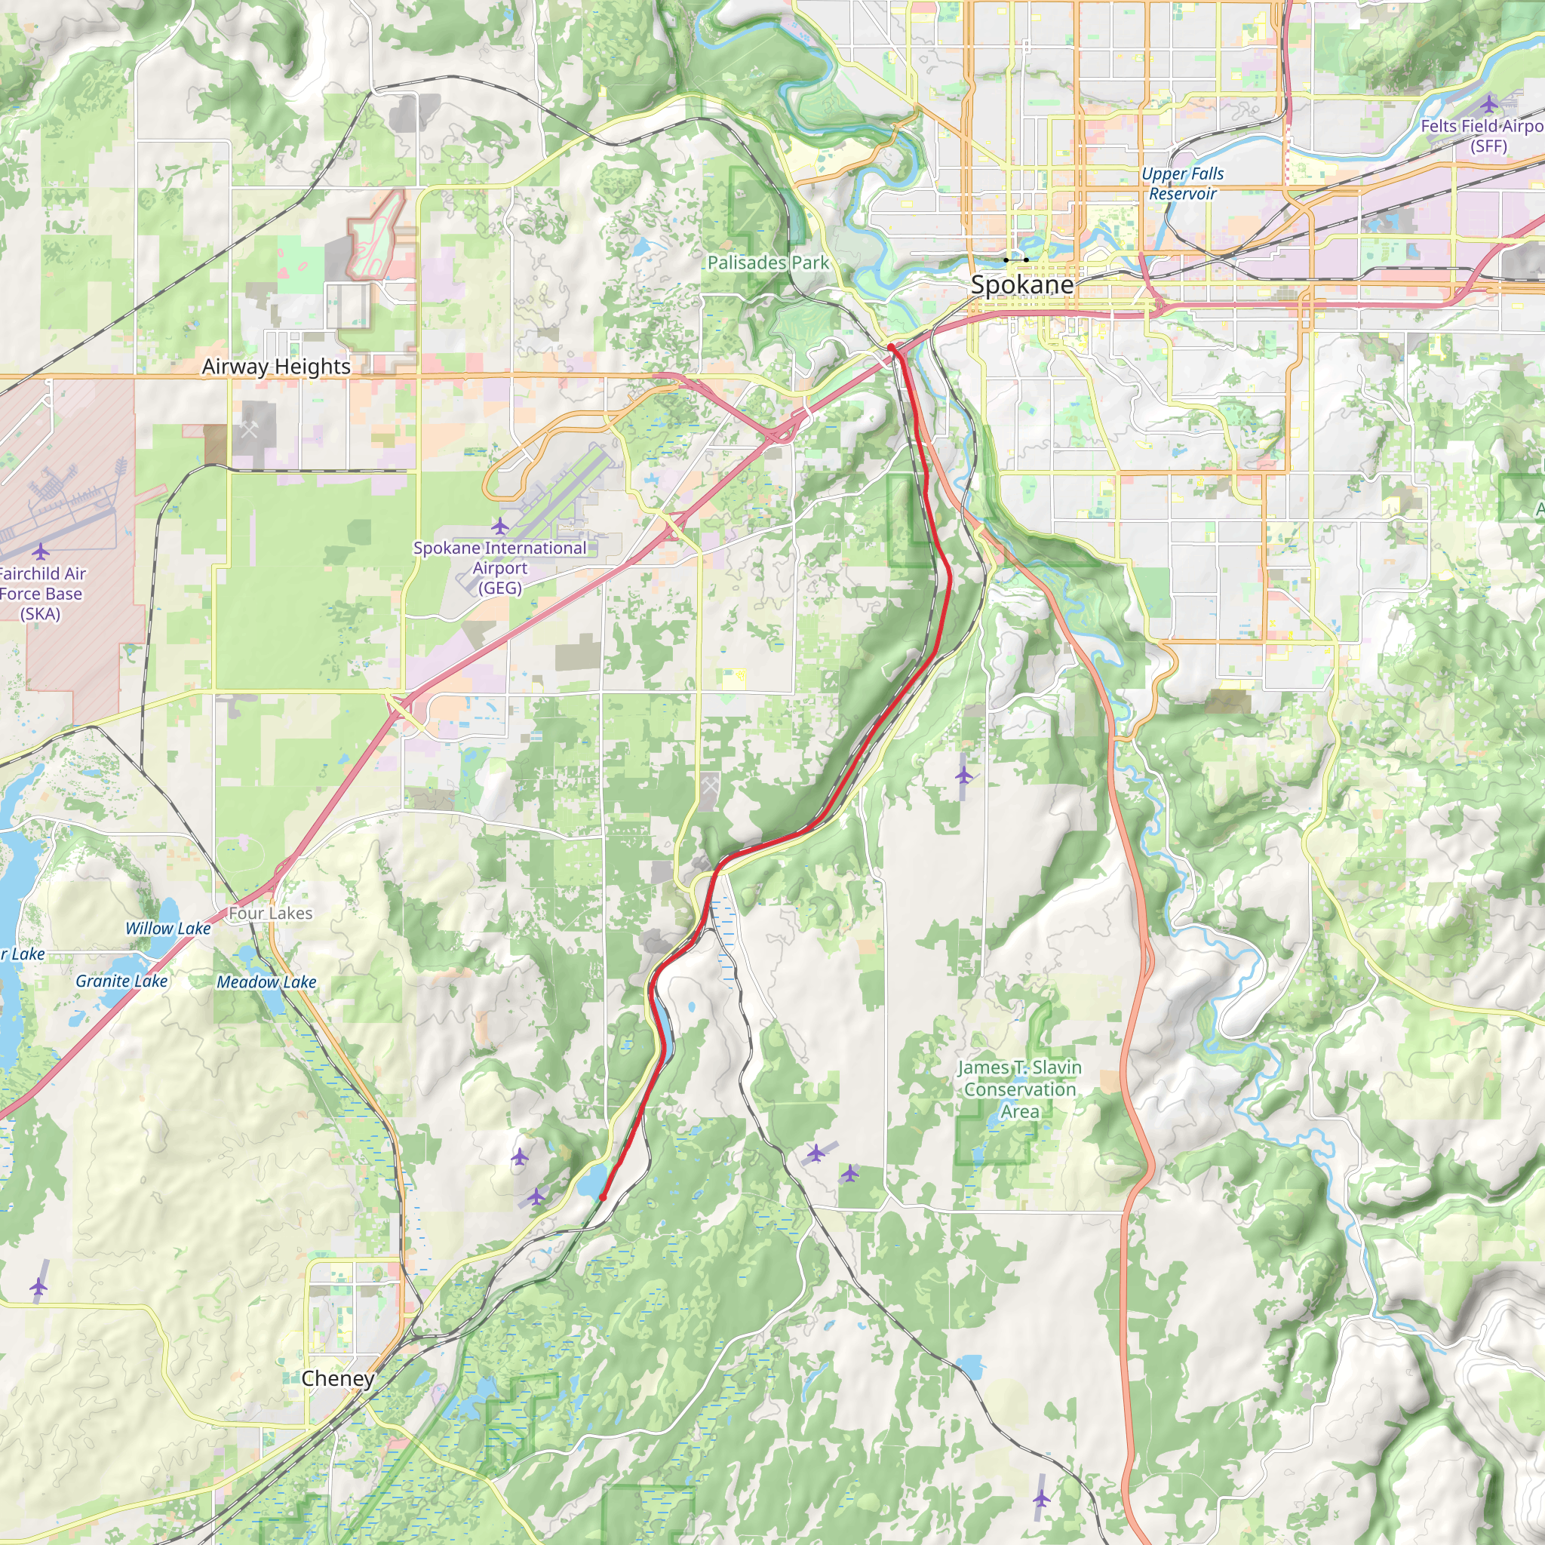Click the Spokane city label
click(1021, 285)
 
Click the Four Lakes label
click(270, 913)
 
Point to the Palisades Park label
click(768, 263)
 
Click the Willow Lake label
click(168, 929)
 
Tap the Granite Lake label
click(121, 981)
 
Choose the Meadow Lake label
click(266, 982)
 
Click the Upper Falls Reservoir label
click(1182, 183)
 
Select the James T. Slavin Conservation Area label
click(1020, 1089)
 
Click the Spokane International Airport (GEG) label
click(500, 568)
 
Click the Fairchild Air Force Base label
click(41, 594)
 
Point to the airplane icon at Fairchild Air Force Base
click(41, 551)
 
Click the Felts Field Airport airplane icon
click(1488, 103)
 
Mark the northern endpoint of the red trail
click(891, 347)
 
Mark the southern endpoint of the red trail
click(602, 1197)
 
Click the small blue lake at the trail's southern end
click(592, 1181)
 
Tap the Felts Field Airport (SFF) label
click(1483, 136)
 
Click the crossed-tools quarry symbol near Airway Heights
click(249, 430)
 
